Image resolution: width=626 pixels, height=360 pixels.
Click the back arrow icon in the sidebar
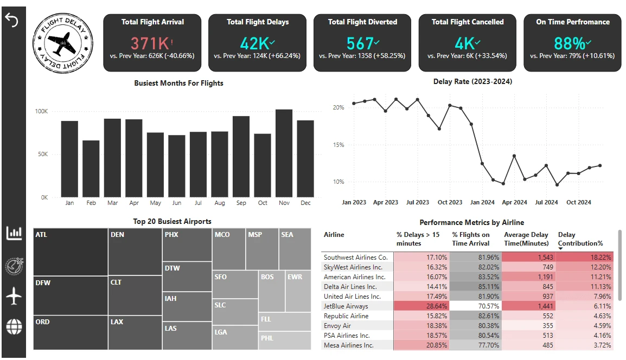click(11, 21)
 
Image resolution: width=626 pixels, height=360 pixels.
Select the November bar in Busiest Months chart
click(284, 153)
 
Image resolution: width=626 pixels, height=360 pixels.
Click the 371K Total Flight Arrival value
click(150, 43)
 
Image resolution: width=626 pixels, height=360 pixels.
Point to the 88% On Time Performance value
click(570, 43)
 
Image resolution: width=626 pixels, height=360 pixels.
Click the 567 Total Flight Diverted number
click(360, 43)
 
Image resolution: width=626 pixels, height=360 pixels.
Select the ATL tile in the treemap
click(70, 252)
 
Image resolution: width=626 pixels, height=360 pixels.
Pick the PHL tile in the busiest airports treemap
click(284, 340)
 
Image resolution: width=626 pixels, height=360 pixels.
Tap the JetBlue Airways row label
click(346, 306)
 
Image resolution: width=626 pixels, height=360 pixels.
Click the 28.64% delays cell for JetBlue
click(421, 306)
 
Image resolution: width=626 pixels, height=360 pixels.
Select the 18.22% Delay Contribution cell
click(584, 258)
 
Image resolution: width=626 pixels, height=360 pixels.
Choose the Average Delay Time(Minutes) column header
click(526, 239)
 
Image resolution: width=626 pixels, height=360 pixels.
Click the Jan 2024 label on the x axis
click(482, 202)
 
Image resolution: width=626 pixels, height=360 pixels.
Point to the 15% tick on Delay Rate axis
click(338, 145)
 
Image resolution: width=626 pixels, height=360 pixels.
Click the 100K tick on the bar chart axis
click(41, 111)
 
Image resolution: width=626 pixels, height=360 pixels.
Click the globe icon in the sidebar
click(14, 326)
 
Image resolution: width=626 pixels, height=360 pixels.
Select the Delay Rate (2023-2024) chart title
click(472, 82)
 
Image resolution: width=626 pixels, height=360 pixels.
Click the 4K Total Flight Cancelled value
click(464, 43)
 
